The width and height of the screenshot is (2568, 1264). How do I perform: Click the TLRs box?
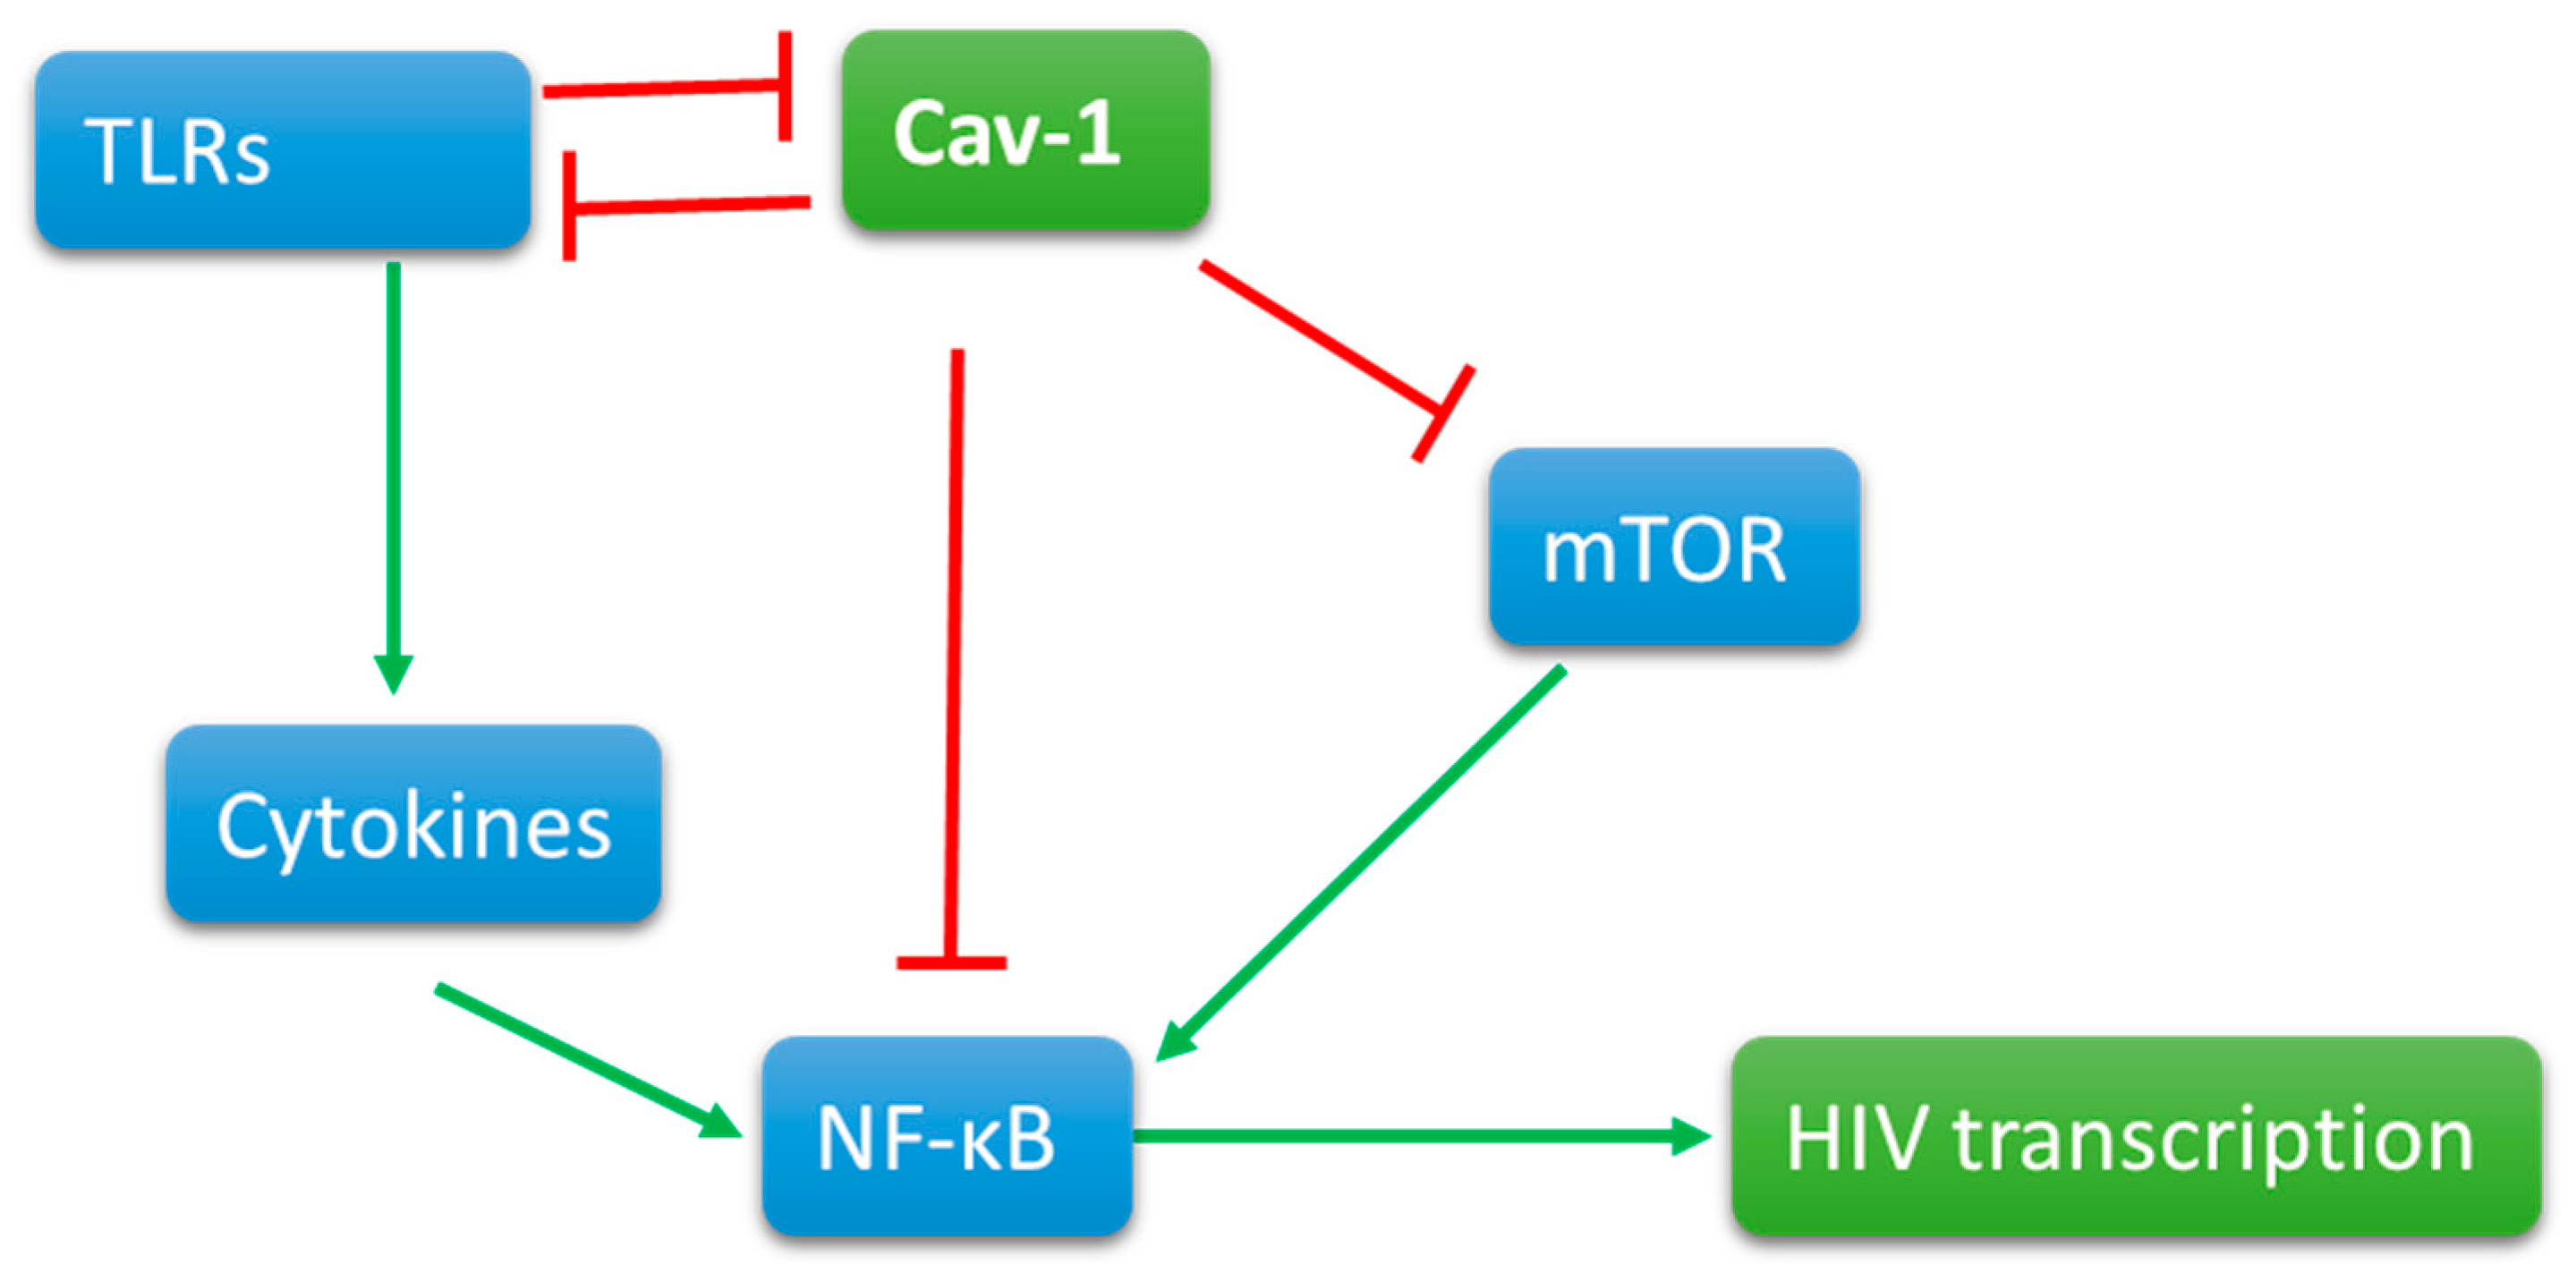(282, 149)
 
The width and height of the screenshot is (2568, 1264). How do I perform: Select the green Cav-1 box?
(1025, 131)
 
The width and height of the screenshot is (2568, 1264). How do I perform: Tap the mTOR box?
(1674, 547)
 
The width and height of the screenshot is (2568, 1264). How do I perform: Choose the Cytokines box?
(412, 823)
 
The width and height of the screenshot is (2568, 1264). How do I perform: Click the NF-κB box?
(947, 1135)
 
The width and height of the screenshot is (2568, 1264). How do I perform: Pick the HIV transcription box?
(2135, 1136)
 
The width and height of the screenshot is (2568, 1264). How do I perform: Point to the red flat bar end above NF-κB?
(951, 963)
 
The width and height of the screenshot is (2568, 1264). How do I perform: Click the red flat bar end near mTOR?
(1442, 413)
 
